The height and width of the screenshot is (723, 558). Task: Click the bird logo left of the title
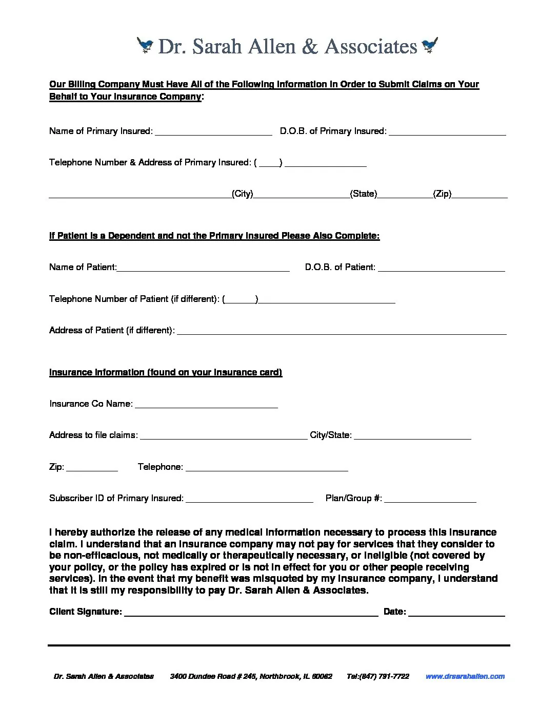click(x=146, y=46)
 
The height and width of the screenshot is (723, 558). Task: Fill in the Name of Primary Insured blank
click(x=213, y=132)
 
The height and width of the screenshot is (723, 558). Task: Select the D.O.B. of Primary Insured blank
click(x=447, y=132)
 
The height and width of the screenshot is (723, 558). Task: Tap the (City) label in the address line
click(x=243, y=194)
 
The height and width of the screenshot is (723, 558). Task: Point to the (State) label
click(x=364, y=194)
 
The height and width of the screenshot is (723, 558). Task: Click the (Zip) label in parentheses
click(x=442, y=194)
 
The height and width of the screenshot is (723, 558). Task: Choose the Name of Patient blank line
click(x=203, y=268)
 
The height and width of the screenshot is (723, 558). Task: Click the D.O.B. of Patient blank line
click(x=441, y=268)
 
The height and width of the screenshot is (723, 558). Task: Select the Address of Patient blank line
click(x=342, y=331)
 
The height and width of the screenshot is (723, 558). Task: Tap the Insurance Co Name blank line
click(x=206, y=405)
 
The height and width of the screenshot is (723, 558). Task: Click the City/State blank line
click(x=412, y=436)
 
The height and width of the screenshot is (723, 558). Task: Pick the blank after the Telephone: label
click(x=267, y=468)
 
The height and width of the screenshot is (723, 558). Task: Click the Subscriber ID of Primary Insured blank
click(x=249, y=499)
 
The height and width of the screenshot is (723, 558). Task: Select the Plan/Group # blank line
click(x=430, y=499)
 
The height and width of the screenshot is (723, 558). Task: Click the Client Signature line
click(x=251, y=613)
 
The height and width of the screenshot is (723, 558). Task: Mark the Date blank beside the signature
click(x=456, y=613)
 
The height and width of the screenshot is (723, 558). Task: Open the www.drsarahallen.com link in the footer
click(x=465, y=676)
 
